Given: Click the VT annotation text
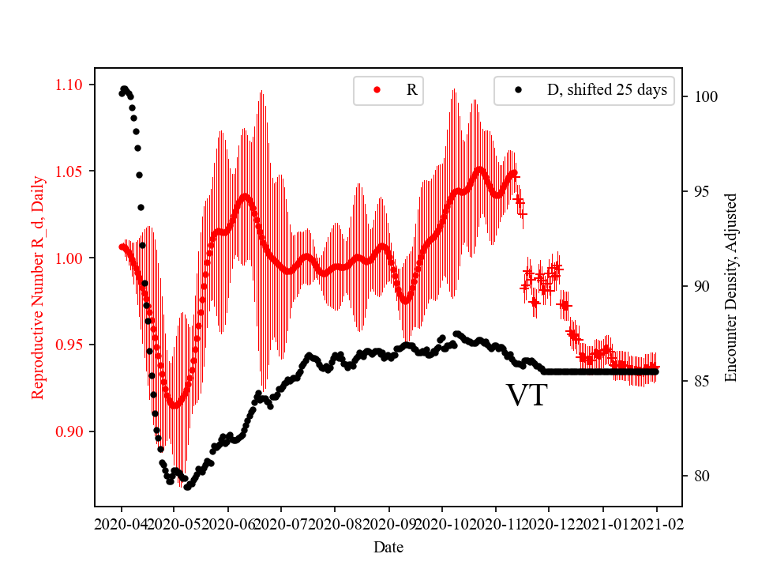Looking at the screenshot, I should [x=527, y=395].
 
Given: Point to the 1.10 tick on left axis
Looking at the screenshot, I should [x=70, y=85].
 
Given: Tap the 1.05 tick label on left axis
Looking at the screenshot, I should [x=70, y=171].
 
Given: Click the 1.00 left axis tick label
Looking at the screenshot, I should [x=70, y=258].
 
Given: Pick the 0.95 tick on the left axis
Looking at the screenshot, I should [x=70, y=345].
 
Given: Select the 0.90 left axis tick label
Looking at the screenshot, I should [x=70, y=431].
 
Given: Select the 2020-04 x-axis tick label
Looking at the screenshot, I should [x=122, y=524].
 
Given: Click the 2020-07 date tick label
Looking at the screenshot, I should [x=281, y=524].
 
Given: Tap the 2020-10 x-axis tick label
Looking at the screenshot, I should [x=442, y=524].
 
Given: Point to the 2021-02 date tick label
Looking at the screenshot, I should [x=656, y=524].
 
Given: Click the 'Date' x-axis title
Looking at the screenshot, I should [x=389, y=547].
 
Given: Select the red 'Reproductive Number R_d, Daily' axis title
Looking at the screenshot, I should [x=37, y=287].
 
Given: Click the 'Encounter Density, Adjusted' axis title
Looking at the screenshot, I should [x=730, y=287].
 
